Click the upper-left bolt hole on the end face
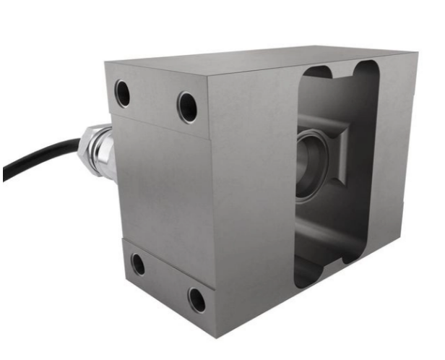tap(123, 92)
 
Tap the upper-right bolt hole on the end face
tap(187, 107)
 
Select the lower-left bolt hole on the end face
tap(137, 265)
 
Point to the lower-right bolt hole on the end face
tap(196, 298)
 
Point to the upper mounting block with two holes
tap(155, 98)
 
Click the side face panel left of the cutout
tap(253, 188)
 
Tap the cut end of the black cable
tap(6, 174)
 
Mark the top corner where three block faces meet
tap(207, 74)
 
